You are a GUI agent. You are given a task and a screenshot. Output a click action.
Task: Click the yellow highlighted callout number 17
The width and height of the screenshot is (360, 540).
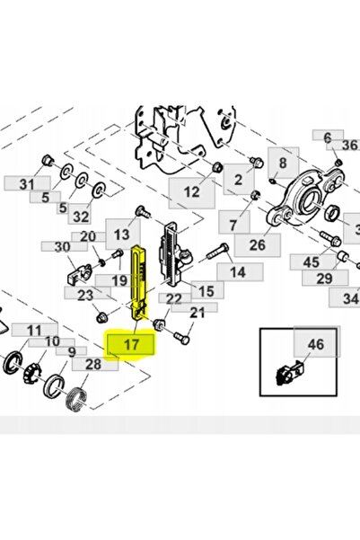coord(131,344)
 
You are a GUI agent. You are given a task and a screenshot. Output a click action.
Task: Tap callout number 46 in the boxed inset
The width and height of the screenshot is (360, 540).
coord(316,344)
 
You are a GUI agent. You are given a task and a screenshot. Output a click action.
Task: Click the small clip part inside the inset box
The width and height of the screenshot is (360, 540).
coord(289,373)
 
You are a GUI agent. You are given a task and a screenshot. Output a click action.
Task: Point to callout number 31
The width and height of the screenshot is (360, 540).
coord(27,184)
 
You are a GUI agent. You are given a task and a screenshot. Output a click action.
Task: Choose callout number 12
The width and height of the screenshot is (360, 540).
coord(192,191)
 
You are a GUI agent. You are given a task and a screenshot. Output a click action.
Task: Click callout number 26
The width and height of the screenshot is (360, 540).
coord(258,245)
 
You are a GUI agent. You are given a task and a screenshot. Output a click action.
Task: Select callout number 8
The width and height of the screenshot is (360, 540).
coord(283,163)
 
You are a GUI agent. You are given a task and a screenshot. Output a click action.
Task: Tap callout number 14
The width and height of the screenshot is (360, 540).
coord(238,272)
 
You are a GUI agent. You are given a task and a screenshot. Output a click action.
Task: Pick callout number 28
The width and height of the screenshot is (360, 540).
coord(93,364)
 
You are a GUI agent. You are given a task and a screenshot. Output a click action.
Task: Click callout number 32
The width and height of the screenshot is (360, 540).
coord(81,217)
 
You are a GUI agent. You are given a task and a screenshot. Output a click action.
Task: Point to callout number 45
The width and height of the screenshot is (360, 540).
coord(312,262)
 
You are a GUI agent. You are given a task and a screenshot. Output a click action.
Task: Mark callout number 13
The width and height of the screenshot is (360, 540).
coord(121,235)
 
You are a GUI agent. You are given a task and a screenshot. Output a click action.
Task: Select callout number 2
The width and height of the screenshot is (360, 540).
coord(239,180)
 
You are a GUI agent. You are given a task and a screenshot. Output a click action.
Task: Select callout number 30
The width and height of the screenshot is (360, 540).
coord(62,246)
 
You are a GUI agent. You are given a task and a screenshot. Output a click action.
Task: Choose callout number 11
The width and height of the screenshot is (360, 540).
coord(34,331)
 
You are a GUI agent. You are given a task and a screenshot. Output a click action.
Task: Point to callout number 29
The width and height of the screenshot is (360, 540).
coord(325,278)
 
